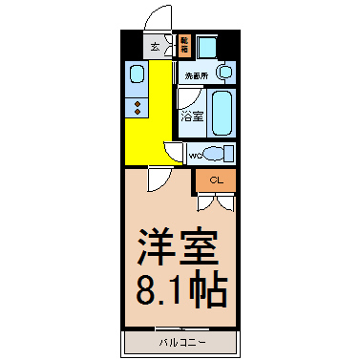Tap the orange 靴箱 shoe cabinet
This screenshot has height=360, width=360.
point(184,45)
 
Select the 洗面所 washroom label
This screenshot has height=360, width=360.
point(198,73)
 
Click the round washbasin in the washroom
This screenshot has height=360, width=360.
point(223,72)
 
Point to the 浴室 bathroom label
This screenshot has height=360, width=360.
point(192,116)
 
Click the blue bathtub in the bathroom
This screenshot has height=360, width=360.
point(222,114)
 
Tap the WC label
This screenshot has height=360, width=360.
point(195,154)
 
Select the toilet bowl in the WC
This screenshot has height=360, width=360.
point(219,154)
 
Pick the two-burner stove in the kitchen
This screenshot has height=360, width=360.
point(137,105)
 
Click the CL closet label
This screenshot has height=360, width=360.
point(216,180)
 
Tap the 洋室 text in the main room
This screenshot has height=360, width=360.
point(180,246)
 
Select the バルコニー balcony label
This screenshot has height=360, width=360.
point(179,341)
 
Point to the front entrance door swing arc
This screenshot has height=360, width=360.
point(158,21)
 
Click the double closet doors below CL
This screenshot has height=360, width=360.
point(215,201)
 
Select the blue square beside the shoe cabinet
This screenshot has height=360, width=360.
point(207,45)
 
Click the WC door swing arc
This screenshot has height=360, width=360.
point(174,150)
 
